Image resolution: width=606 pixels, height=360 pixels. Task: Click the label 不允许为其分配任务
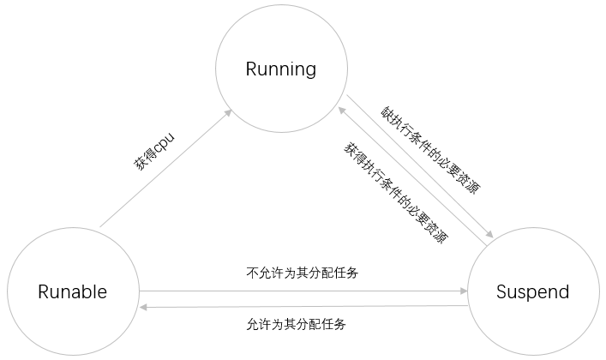(301, 274)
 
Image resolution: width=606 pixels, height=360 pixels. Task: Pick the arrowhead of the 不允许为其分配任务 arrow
(460, 291)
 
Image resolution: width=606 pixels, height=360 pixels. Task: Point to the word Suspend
(532, 291)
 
